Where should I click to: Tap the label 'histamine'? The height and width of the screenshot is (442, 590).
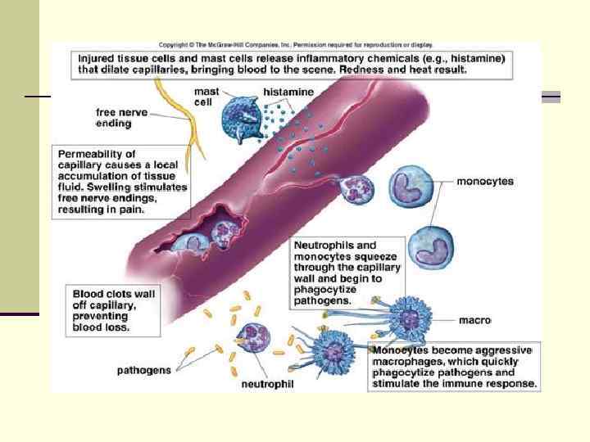288,92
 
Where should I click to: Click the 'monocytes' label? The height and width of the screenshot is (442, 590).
484,182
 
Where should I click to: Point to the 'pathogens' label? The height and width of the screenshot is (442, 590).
144,370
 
